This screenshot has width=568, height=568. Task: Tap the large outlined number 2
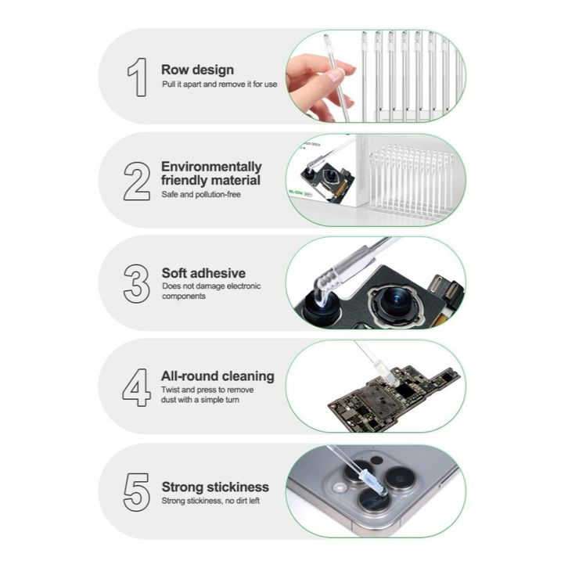pyautogui.click(x=137, y=182)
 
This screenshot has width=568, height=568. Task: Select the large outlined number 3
pyautogui.click(x=137, y=284)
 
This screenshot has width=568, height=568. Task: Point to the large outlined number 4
pyautogui.click(x=137, y=387)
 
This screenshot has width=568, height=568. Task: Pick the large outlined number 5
pyautogui.click(x=137, y=492)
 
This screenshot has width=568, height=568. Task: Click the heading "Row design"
pyautogui.click(x=197, y=70)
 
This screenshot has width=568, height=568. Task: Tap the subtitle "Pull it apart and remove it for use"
pyautogui.click(x=220, y=84)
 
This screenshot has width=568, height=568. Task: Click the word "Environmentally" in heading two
pyautogui.click(x=211, y=167)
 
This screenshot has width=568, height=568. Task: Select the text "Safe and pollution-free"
pyautogui.click(x=201, y=195)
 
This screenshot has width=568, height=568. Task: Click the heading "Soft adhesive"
pyautogui.click(x=203, y=273)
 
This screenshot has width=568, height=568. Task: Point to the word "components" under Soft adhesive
pyautogui.click(x=184, y=297)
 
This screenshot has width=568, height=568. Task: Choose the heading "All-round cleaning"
pyautogui.click(x=217, y=376)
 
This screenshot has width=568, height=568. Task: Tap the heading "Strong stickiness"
pyautogui.click(x=215, y=487)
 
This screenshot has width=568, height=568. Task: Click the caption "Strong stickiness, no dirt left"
pyautogui.click(x=210, y=501)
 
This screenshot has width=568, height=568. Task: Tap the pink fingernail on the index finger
pyautogui.click(x=336, y=76)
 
